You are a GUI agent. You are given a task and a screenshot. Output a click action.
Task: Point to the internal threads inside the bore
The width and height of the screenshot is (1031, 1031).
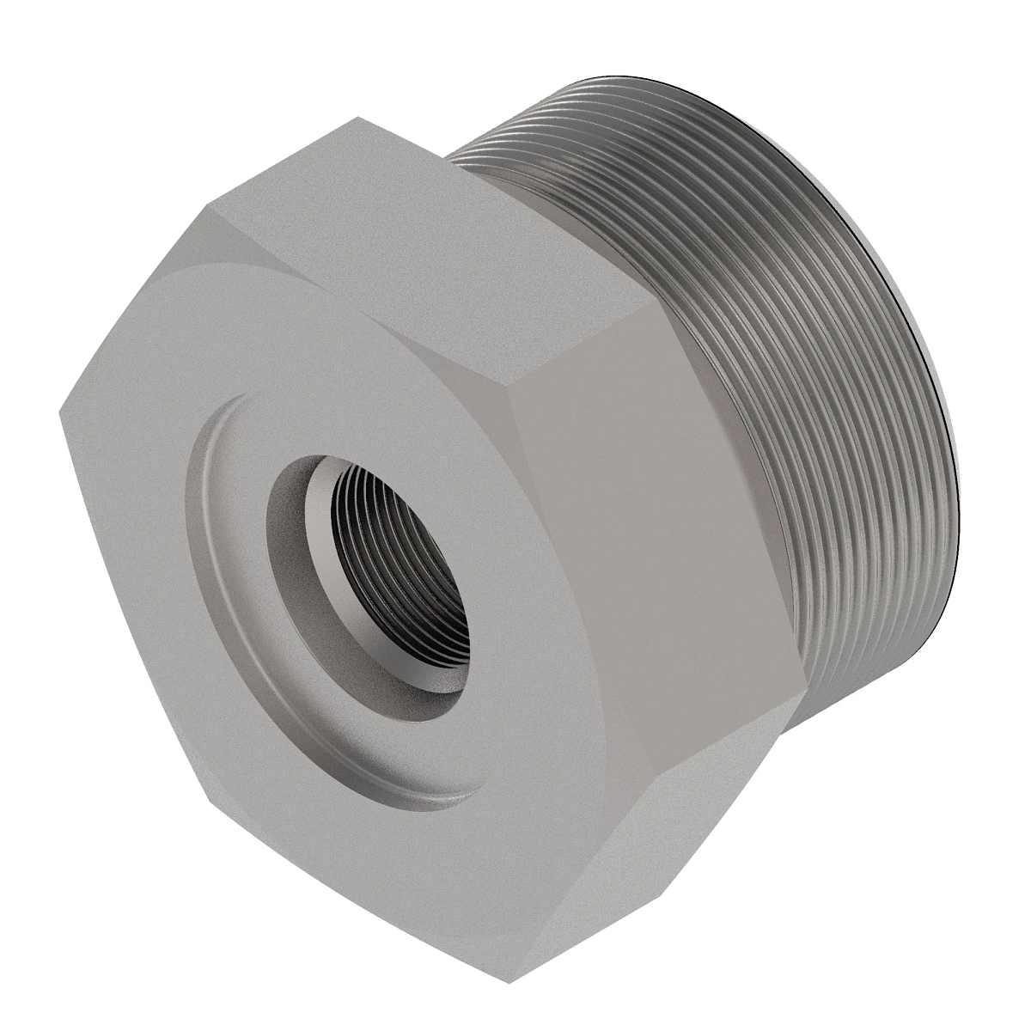430,550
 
